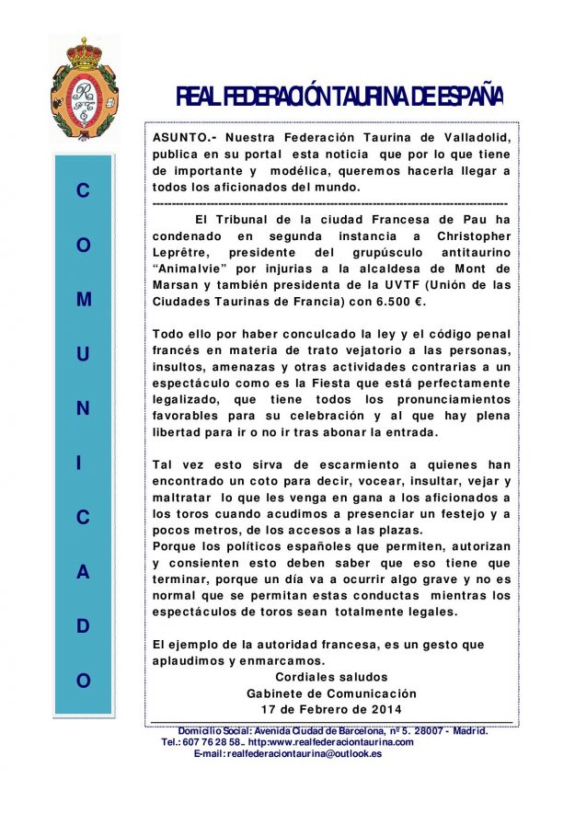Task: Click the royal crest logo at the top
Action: [x=84, y=87]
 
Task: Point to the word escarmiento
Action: [x=327, y=465]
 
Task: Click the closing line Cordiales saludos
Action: [x=331, y=677]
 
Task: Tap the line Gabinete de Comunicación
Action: [x=331, y=693]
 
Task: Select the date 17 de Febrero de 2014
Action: [x=331, y=710]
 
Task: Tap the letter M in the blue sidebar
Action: [x=84, y=300]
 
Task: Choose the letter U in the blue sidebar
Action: [x=84, y=354]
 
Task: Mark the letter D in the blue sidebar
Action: [x=84, y=626]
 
